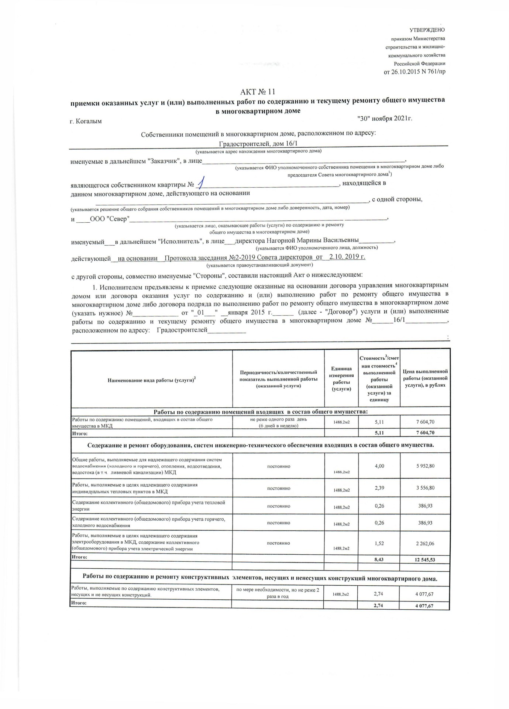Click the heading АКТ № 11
tap(258, 92)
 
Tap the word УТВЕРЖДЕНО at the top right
tap(427, 30)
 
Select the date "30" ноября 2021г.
tap(384, 119)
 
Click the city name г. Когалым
tap(86, 121)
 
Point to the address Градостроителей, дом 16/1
tap(258, 144)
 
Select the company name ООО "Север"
tap(110, 219)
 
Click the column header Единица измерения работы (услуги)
tap(341, 379)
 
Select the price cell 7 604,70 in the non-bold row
tap(425, 422)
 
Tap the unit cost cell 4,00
tap(379, 466)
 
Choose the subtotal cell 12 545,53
tap(425, 559)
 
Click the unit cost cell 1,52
tap(379, 543)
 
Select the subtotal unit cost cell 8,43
tap(379, 559)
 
